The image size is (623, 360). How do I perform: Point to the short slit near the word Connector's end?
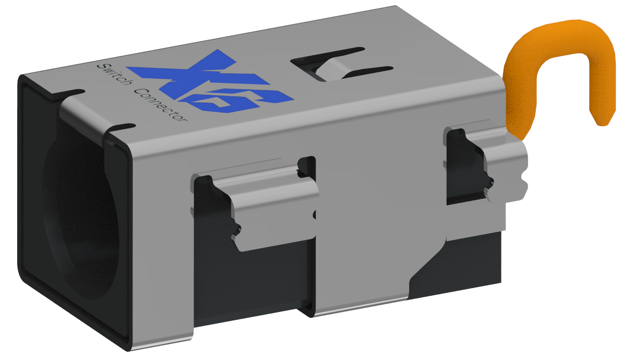click(x=123, y=126)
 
